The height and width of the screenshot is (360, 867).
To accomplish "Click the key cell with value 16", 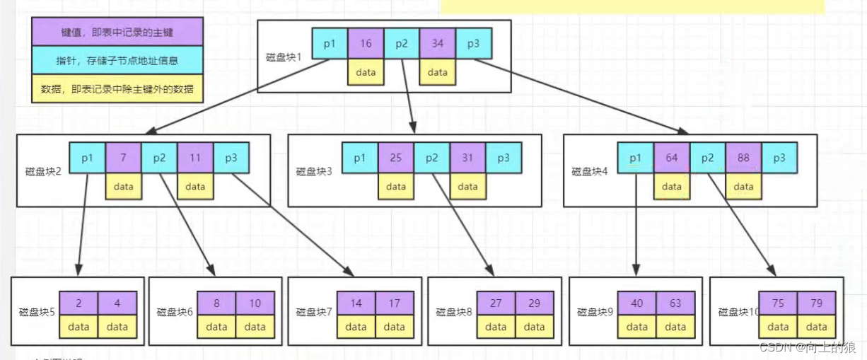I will (x=366, y=44).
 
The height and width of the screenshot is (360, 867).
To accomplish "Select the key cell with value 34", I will (x=438, y=44).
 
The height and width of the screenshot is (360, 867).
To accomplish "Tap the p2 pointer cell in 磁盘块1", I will (x=402, y=44).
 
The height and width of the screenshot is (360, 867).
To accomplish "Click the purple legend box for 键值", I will (x=117, y=32).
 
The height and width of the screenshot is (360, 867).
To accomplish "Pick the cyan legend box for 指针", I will (x=117, y=61).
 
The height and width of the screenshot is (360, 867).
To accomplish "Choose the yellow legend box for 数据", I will (x=117, y=89).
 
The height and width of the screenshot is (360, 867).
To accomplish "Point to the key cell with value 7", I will (x=123, y=158).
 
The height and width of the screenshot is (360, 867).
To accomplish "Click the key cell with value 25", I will (x=396, y=158).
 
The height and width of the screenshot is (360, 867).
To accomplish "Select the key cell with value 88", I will (x=743, y=158).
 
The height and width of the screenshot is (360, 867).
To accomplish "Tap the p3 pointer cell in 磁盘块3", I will (x=503, y=158).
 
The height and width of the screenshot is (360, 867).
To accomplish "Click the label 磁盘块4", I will (x=589, y=171).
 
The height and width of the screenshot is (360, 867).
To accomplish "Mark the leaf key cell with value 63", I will (x=675, y=303).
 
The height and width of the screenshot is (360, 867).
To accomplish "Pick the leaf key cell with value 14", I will (x=356, y=303).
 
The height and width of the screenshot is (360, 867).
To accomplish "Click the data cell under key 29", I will (x=534, y=327).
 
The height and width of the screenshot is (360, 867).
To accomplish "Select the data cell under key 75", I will (x=778, y=327).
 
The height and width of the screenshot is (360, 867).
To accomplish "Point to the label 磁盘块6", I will (x=175, y=312).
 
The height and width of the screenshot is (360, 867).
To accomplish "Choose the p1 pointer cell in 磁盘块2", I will (x=87, y=158).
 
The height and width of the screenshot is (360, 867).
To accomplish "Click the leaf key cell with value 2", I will (x=78, y=303).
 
